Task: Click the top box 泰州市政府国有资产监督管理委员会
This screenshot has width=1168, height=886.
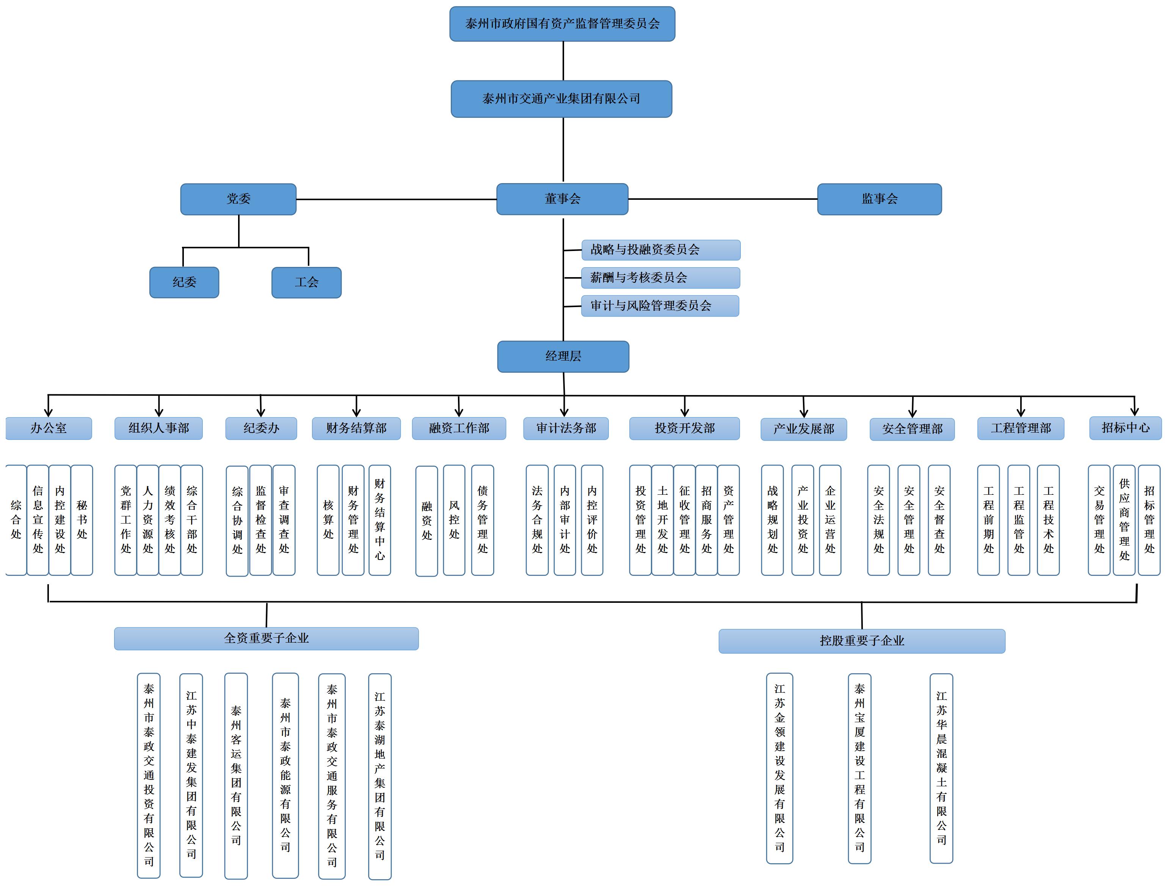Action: (562, 24)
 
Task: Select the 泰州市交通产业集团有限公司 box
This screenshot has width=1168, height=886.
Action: (561, 99)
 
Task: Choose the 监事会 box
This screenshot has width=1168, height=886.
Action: (879, 199)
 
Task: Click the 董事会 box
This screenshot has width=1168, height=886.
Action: (562, 199)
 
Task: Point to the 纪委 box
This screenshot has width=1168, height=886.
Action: (184, 282)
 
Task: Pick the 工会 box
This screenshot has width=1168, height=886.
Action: (306, 282)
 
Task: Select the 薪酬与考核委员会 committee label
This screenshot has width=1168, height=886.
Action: (660, 278)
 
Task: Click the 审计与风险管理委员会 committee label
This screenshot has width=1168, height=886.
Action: (660, 306)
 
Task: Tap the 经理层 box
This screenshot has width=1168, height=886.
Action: (563, 356)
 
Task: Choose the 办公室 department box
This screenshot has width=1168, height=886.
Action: (49, 428)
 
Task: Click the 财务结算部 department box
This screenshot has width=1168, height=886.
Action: (356, 428)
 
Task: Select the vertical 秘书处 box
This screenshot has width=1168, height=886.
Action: (82, 520)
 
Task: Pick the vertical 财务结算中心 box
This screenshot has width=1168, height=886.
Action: (379, 520)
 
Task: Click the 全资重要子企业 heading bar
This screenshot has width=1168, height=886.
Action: (266, 638)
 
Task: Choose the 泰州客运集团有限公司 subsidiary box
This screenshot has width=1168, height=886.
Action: (236, 776)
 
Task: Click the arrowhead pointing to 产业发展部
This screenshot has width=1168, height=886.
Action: (804, 414)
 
